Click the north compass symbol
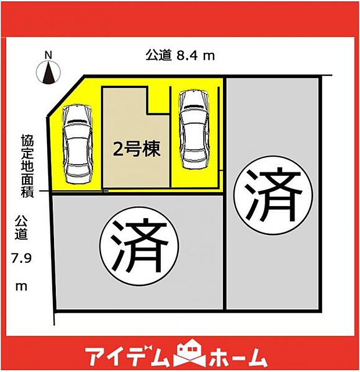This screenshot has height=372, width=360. pyautogui.click(x=49, y=73)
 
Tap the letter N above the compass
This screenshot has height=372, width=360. pyautogui.click(x=49, y=56)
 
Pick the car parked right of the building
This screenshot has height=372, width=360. pyautogui.click(x=193, y=129)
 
